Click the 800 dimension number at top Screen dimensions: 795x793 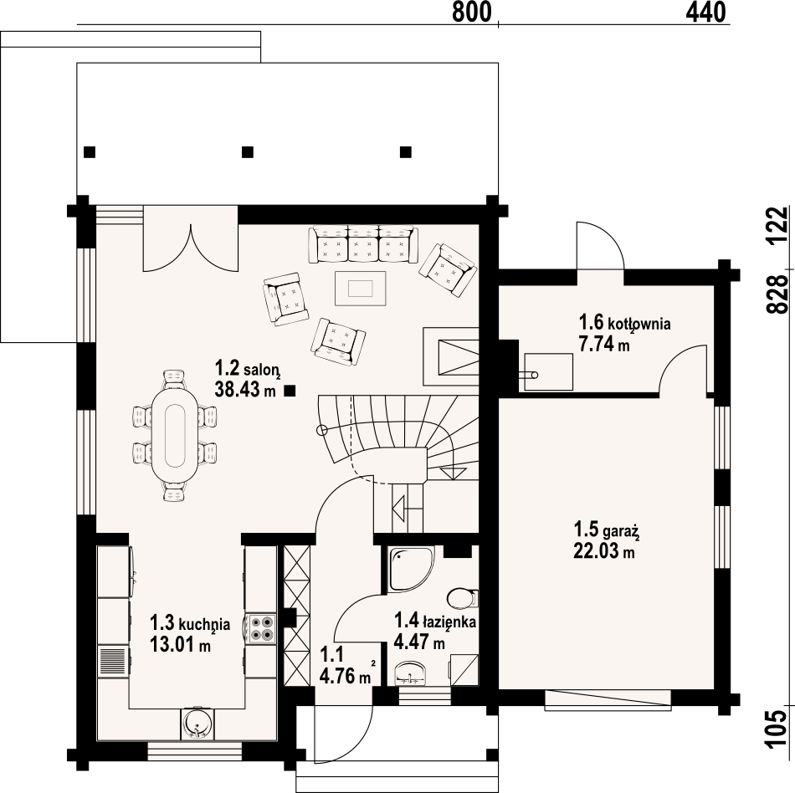pos(471,13)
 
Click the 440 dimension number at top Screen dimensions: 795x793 pos(705,13)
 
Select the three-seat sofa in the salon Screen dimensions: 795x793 pos(363,245)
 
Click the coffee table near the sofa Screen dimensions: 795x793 pos(361,289)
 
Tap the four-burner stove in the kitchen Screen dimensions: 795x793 pos(261,628)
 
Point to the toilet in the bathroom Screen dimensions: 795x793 pos(463,598)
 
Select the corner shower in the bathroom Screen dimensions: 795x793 pos(411,569)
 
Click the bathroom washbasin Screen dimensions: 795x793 pos(411,673)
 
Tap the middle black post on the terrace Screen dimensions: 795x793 pos(248,152)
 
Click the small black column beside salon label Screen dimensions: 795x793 pos(290,391)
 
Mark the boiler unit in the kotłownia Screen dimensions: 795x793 pos(548,372)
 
